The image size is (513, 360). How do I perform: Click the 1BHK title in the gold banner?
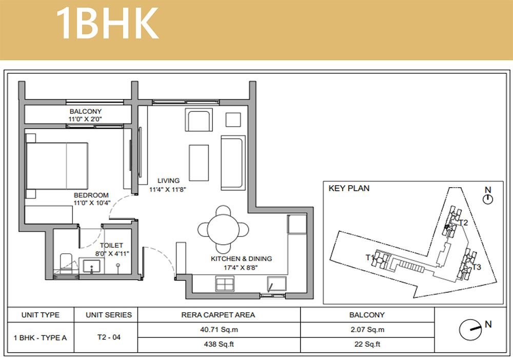(x=107, y=24)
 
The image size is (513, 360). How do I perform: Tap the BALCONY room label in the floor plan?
(x=85, y=111)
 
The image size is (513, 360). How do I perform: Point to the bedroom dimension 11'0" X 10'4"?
(x=92, y=203)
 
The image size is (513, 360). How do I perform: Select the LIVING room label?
(x=168, y=181)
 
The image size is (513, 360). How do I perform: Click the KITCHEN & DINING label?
(x=242, y=258)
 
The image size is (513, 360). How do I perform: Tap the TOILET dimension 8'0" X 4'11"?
(x=112, y=253)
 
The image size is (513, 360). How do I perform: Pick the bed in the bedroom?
(x=56, y=166)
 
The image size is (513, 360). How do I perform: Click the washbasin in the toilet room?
(x=92, y=266)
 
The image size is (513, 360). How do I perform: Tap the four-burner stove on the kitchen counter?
(x=225, y=284)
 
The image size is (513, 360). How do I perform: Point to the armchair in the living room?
(x=199, y=120)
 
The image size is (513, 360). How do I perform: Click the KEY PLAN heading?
(x=349, y=188)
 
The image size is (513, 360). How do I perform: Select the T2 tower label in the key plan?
(x=463, y=223)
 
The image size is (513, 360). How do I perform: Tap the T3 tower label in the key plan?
(x=477, y=267)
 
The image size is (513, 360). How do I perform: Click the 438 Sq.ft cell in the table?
(x=219, y=344)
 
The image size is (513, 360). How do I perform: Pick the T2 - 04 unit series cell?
(x=109, y=337)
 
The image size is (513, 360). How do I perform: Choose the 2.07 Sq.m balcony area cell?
(x=367, y=330)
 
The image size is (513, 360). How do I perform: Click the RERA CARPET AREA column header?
(x=218, y=315)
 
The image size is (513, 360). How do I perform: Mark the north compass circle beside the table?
(x=470, y=330)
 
